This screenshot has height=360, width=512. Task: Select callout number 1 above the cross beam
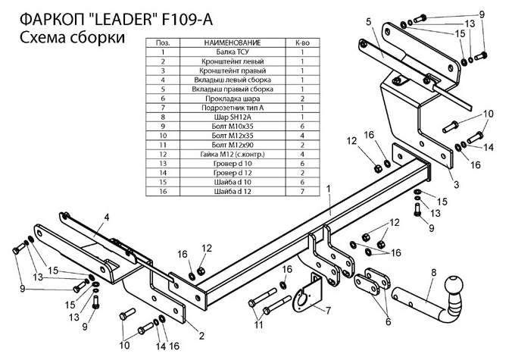329,186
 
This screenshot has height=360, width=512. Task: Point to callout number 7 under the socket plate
328,311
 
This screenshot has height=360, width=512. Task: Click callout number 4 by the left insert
107,218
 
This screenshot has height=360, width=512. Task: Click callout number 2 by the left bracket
201,333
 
